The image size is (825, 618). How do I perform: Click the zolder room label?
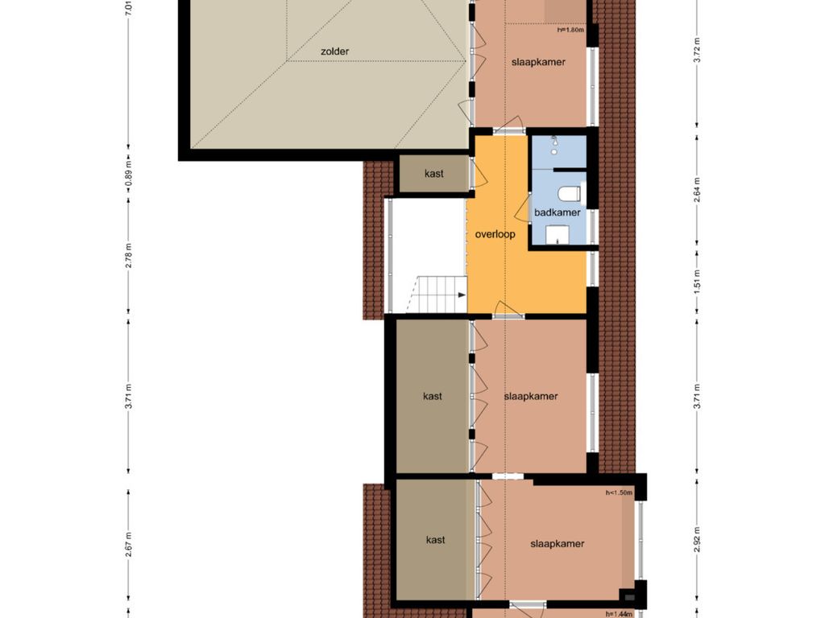point(334,51)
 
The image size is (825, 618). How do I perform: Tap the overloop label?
point(495,234)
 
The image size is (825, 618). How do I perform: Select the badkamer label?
point(558,212)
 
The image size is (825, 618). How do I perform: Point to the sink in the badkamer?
point(558,235)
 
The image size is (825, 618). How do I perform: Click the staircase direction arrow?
point(462,295)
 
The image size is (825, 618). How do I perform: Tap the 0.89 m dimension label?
point(129,173)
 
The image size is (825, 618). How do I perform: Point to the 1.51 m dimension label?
point(697,282)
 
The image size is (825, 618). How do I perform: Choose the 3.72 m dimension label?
point(697,51)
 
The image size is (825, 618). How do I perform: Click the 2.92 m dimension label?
point(697,540)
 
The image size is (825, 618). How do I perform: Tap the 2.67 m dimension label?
point(129,545)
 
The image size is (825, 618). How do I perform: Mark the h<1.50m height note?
point(619,493)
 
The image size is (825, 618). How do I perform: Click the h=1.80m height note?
point(571,30)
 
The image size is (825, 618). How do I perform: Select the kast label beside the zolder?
point(434,174)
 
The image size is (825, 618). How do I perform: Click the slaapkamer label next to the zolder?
point(538,62)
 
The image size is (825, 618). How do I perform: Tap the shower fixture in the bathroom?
point(554,145)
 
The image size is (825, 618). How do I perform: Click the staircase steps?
point(436,294)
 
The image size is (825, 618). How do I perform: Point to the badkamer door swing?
point(522,208)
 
